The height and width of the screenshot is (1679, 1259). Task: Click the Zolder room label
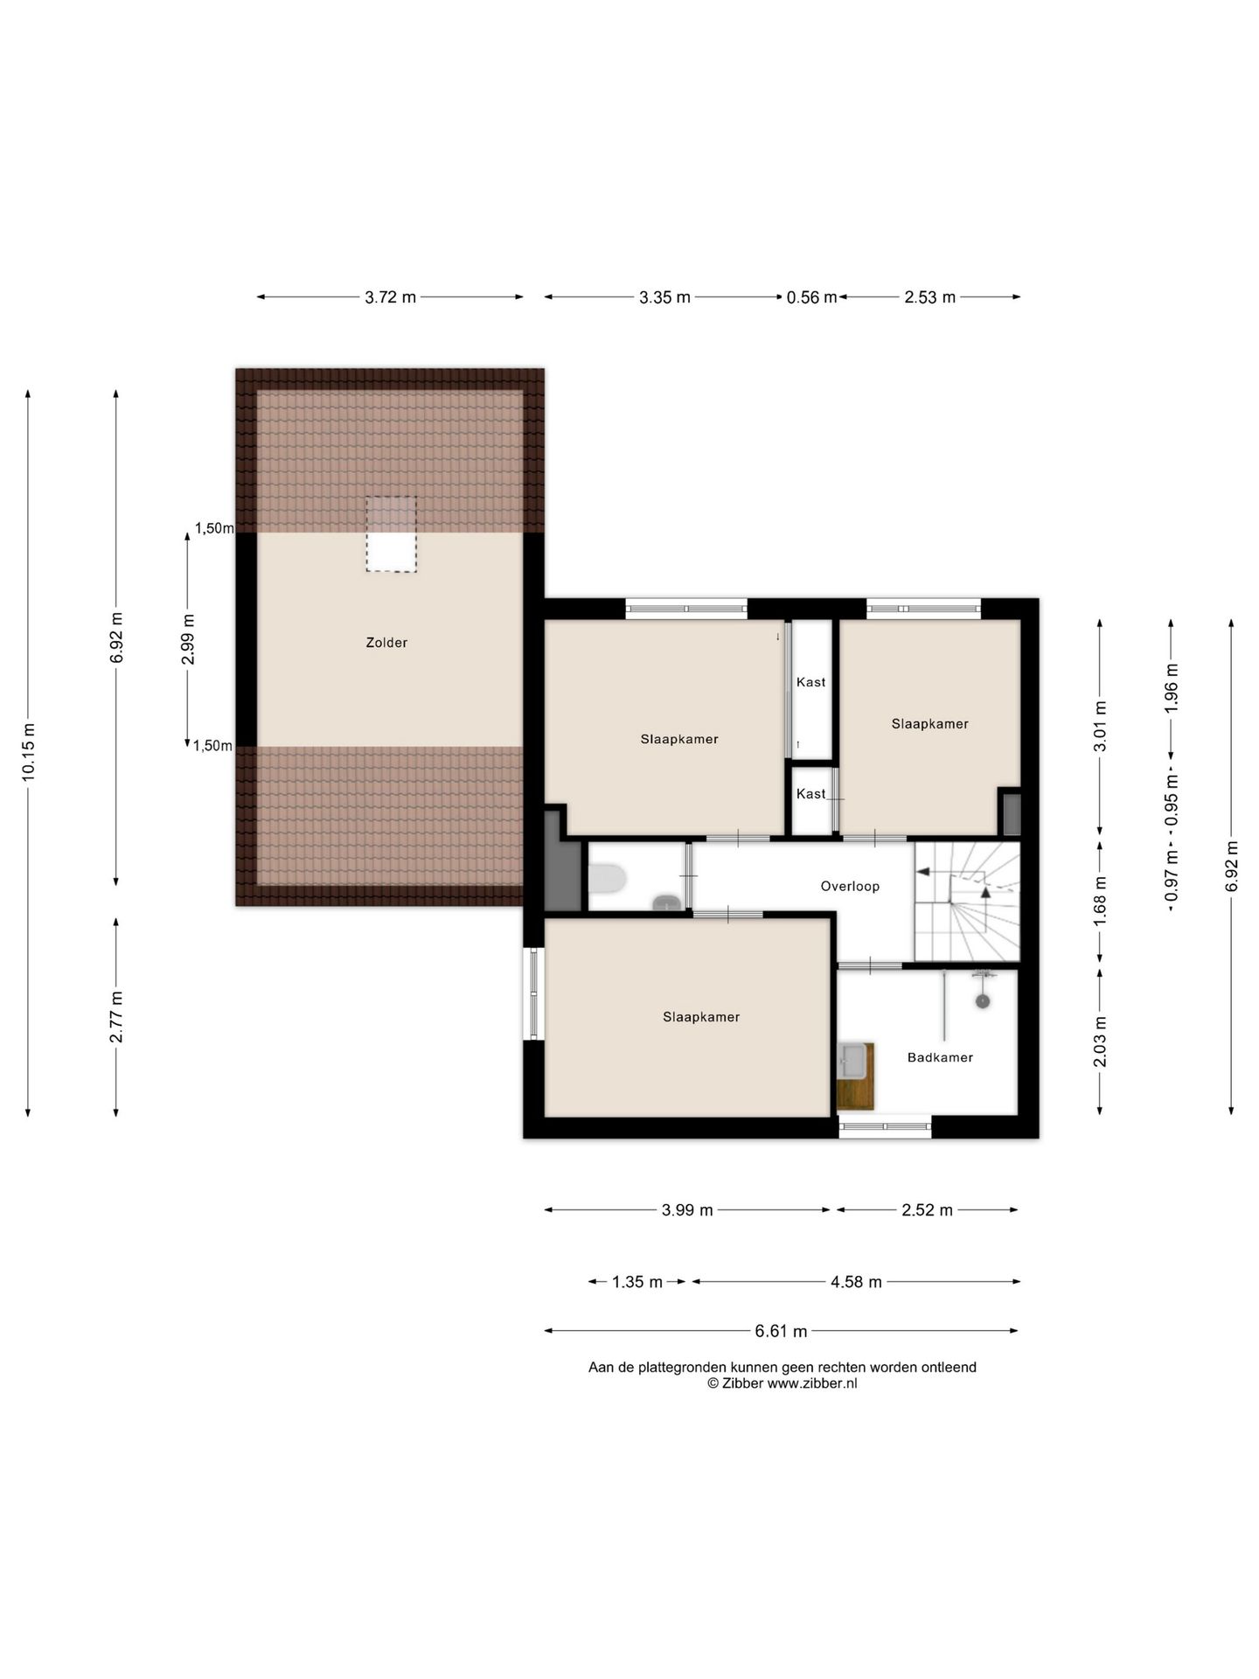tap(386, 643)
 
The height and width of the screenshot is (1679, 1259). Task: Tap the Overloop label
tap(850, 886)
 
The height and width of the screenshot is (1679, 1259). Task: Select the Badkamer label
tap(940, 1057)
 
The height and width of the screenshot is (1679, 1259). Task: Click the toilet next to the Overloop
tap(607, 879)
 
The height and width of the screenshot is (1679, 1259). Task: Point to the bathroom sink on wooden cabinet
tap(853, 1062)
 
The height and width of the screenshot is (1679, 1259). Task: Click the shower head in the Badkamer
tap(983, 1002)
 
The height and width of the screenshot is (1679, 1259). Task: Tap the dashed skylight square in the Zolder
tap(391, 534)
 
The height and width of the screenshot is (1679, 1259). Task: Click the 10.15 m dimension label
tap(29, 753)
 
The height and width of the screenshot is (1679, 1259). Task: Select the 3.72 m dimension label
tap(391, 297)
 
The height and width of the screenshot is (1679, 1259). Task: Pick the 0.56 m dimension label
tap(811, 297)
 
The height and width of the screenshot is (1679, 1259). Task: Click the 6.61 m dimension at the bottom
tap(781, 1331)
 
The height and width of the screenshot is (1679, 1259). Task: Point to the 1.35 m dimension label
tap(637, 1282)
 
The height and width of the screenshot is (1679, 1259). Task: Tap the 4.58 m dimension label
tap(856, 1282)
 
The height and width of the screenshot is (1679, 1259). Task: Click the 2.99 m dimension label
tap(188, 639)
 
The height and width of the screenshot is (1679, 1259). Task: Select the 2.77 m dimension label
tap(116, 1017)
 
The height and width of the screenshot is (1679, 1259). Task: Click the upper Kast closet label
tap(811, 682)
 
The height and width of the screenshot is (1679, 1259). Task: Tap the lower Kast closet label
tap(811, 794)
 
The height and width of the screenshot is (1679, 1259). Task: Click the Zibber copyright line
tap(783, 1383)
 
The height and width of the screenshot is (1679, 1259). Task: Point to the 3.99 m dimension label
tap(687, 1210)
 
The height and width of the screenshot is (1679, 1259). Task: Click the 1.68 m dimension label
tap(1101, 902)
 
